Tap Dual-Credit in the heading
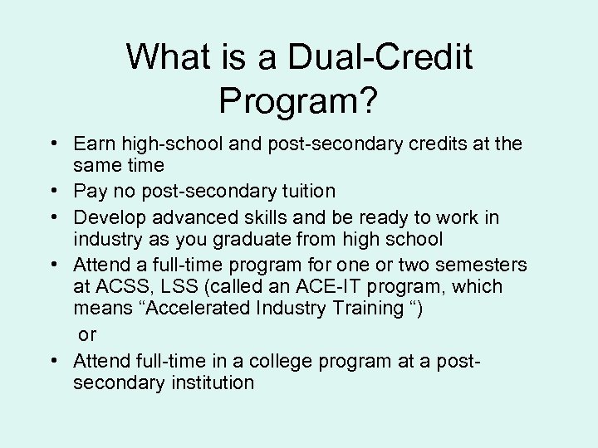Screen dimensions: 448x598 coord(380,57)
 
